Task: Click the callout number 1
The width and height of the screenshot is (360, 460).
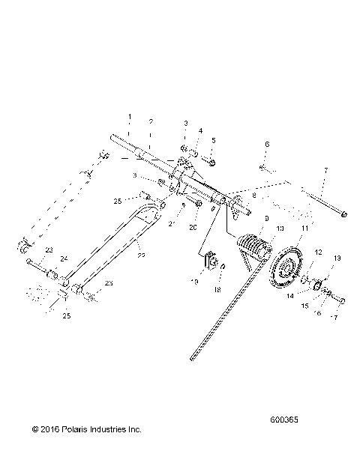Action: coord(129,117)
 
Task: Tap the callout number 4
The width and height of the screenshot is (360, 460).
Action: coord(200,131)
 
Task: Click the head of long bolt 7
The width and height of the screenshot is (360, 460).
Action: coord(343,215)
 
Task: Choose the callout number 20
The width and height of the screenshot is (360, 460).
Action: coord(193,227)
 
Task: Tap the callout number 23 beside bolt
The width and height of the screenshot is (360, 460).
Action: coord(49,249)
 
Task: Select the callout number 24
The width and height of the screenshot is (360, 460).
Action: coord(63,258)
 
